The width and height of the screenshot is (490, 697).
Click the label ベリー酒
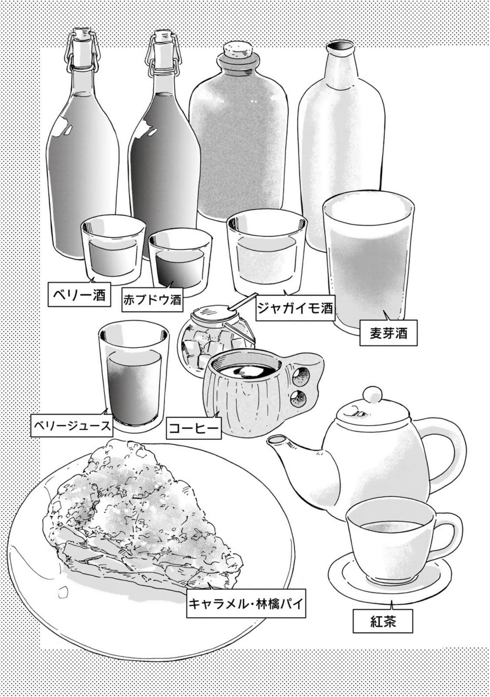79,294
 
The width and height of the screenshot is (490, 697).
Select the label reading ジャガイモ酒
295,308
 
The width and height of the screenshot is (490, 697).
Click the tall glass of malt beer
369,261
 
